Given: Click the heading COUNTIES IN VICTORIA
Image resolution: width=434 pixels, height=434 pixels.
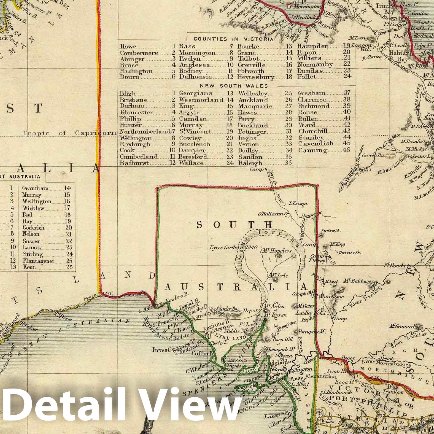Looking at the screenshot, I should point(233,39).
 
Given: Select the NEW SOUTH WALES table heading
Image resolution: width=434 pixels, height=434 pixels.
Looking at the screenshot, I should point(230,86).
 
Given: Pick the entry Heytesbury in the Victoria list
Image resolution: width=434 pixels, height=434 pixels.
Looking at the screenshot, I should point(256,77).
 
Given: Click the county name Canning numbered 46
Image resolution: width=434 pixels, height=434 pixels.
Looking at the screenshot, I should point(312,150).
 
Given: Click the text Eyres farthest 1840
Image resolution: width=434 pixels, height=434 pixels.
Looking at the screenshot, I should point(233,247).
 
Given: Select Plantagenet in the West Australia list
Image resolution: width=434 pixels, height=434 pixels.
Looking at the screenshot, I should point(38,261).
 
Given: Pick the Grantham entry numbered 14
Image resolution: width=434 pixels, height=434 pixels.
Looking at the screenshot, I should point(35,188).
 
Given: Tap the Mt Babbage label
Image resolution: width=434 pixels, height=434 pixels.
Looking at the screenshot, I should point(357,281).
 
